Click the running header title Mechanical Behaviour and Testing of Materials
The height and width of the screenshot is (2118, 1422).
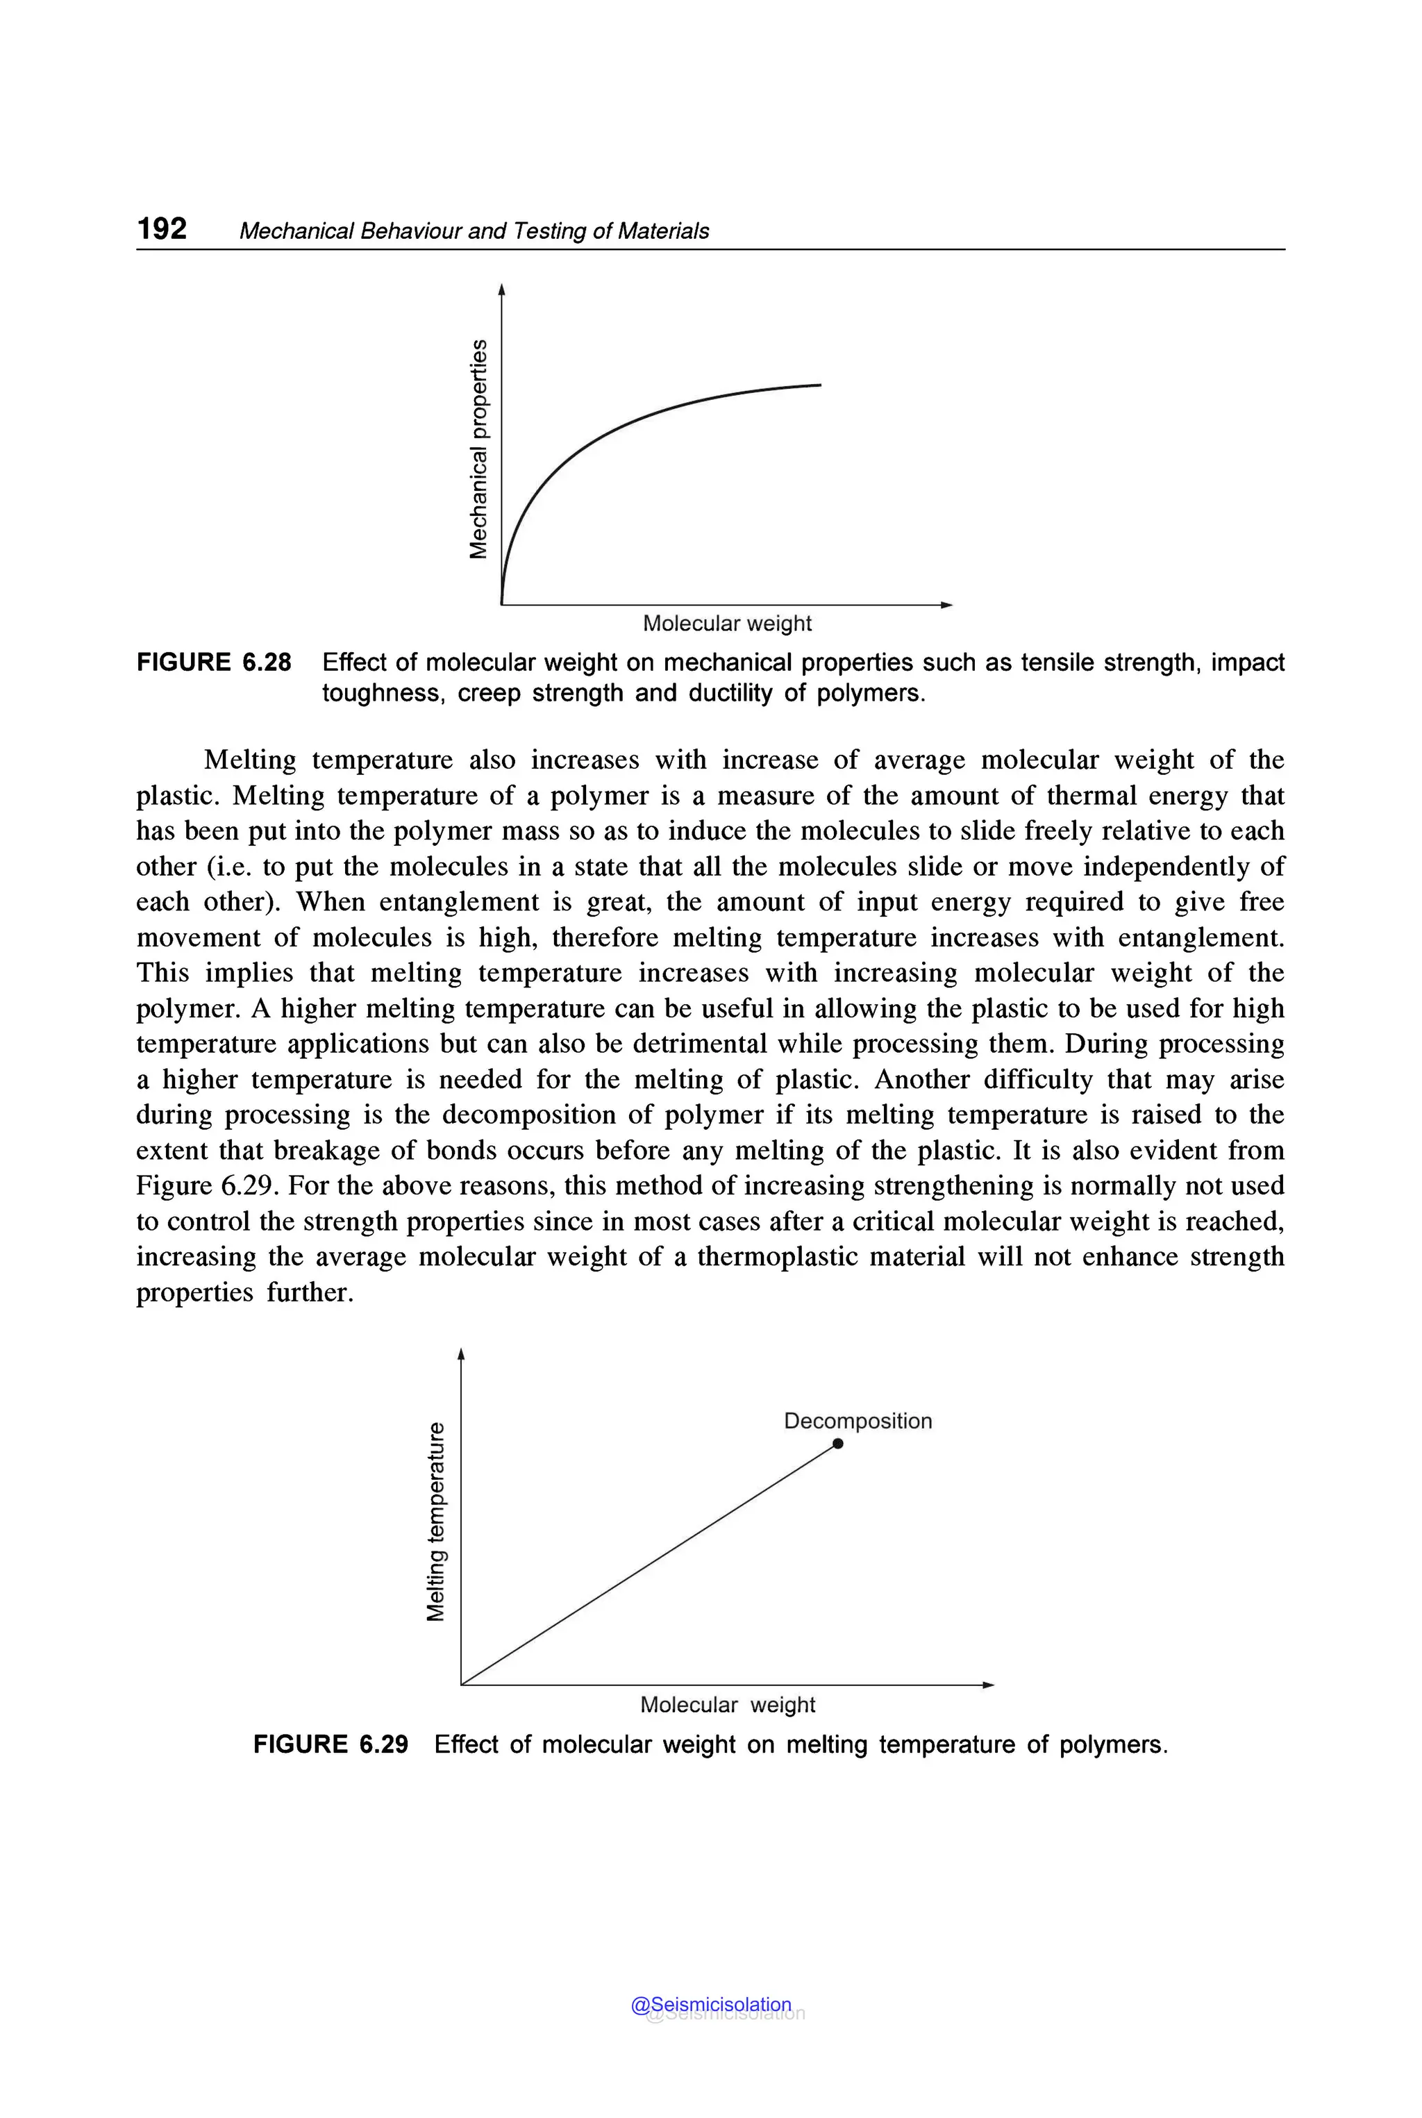click(474, 231)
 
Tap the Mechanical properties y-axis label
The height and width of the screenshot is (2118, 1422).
click(478, 449)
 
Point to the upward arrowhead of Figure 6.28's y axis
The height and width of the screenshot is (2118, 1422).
click(501, 290)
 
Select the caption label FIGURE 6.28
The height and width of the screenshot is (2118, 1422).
click(214, 662)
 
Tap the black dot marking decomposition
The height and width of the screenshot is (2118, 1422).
click(838, 1443)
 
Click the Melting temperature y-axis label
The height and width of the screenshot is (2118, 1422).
click(436, 1521)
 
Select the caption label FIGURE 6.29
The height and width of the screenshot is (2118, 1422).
click(330, 1744)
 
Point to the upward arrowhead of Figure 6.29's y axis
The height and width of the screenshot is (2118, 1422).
click(461, 1354)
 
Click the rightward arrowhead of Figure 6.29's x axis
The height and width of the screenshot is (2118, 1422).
click(989, 1685)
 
